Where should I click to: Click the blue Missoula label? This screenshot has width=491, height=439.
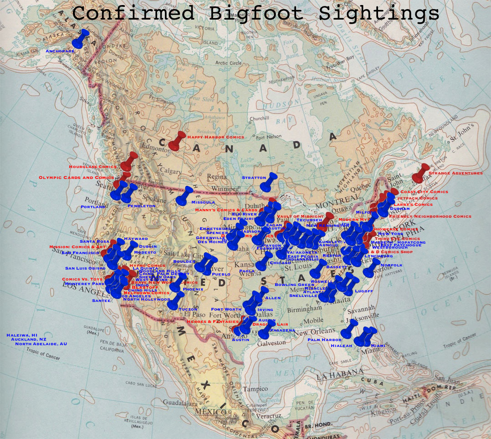tap(203, 202)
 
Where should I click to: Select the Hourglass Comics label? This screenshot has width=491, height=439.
tap(93, 167)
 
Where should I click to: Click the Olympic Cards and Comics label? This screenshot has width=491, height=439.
tap(76, 178)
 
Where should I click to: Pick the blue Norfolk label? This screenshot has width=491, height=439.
tap(392, 265)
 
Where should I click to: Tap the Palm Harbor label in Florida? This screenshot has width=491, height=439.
tap(324, 340)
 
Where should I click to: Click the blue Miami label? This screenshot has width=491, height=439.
tap(378, 346)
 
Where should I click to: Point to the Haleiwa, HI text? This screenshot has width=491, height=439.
tap(21, 335)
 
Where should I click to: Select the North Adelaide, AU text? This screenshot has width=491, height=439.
tap(41, 344)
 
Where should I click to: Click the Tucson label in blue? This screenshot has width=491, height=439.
tap(188, 309)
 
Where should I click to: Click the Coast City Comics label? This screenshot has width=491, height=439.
tap(424, 192)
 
